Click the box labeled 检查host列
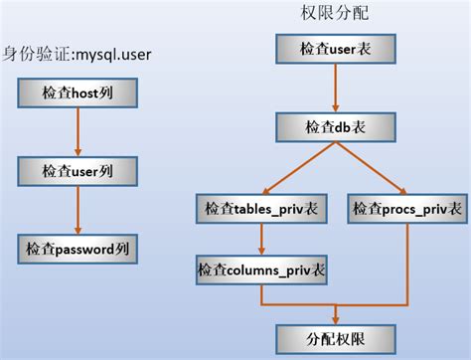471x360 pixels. point(76,93)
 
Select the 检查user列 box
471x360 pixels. point(76,170)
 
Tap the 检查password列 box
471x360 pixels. point(78,247)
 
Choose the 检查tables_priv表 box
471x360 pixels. point(260,209)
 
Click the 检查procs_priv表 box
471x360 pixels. point(408,209)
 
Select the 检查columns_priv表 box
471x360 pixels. point(260,269)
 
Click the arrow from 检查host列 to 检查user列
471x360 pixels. point(77,131)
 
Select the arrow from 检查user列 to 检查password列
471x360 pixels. point(77,208)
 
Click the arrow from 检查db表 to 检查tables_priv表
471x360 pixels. point(292,168)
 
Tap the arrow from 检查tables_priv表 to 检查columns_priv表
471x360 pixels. point(260,239)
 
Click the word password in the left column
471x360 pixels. point(87,247)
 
